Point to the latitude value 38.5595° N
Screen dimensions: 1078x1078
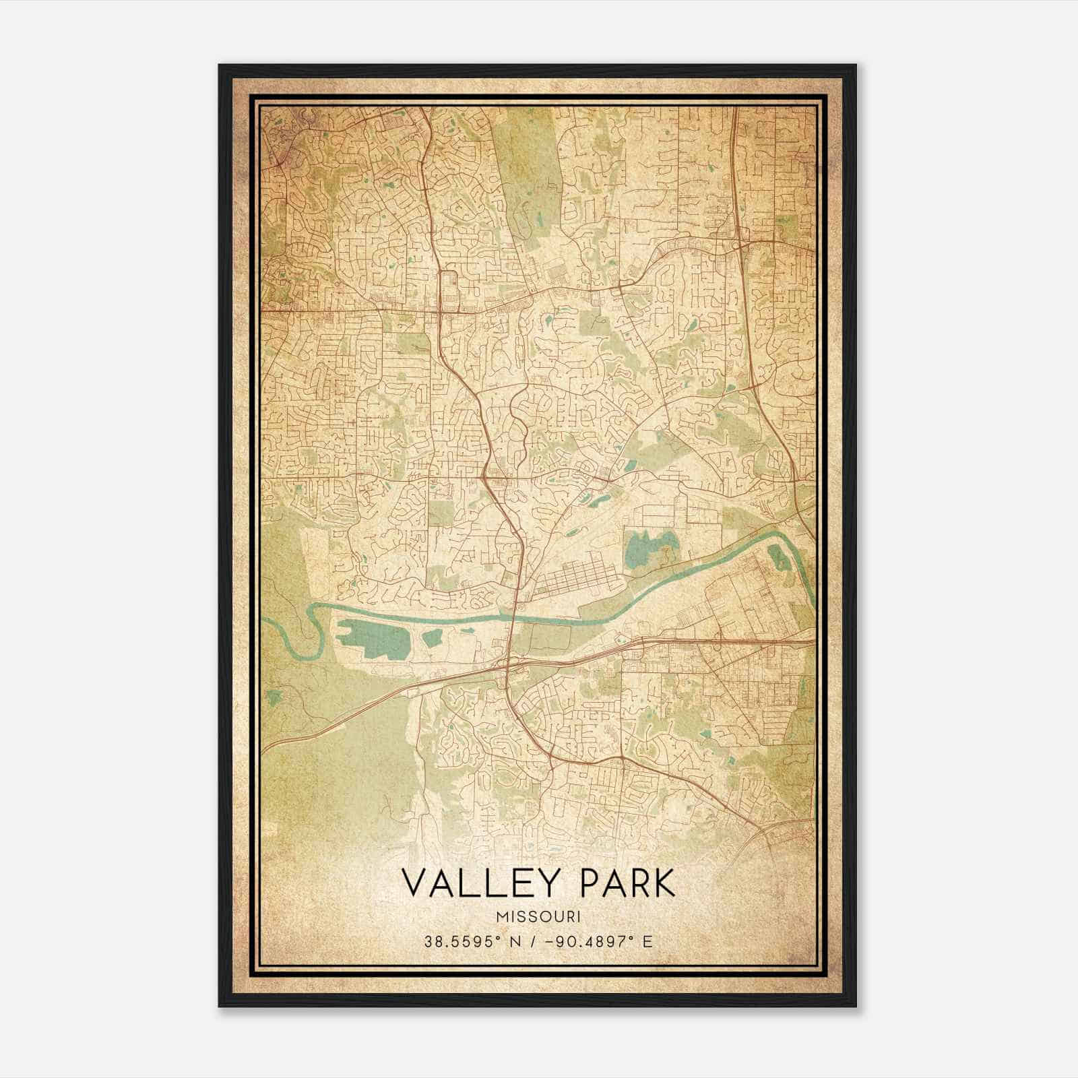pyautogui.click(x=464, y=941)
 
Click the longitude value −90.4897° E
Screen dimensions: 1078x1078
pyautogui.click(x=602, y=941)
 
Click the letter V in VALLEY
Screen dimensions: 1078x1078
pyautogui.click(x=413, y=883)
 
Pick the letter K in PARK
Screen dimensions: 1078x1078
pyautogui.click(x=663, y=883)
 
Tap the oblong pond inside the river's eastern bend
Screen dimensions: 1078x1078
pyautogui.click(x=778, y=557)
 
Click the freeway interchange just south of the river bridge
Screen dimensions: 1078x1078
pyautogui.click(x=507, y=667)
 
